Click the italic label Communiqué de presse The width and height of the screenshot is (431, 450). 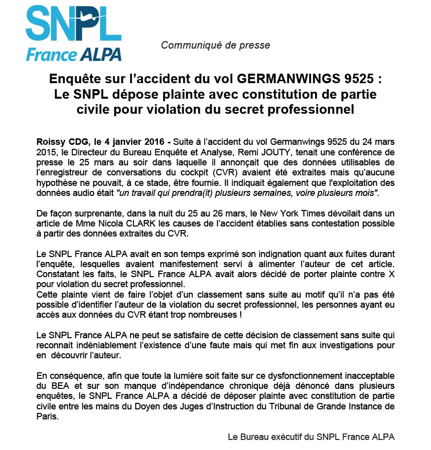[215, 46]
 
